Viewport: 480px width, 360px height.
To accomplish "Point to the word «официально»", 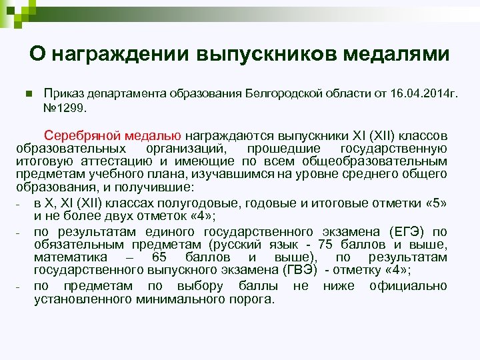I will [x=407, y=286].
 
